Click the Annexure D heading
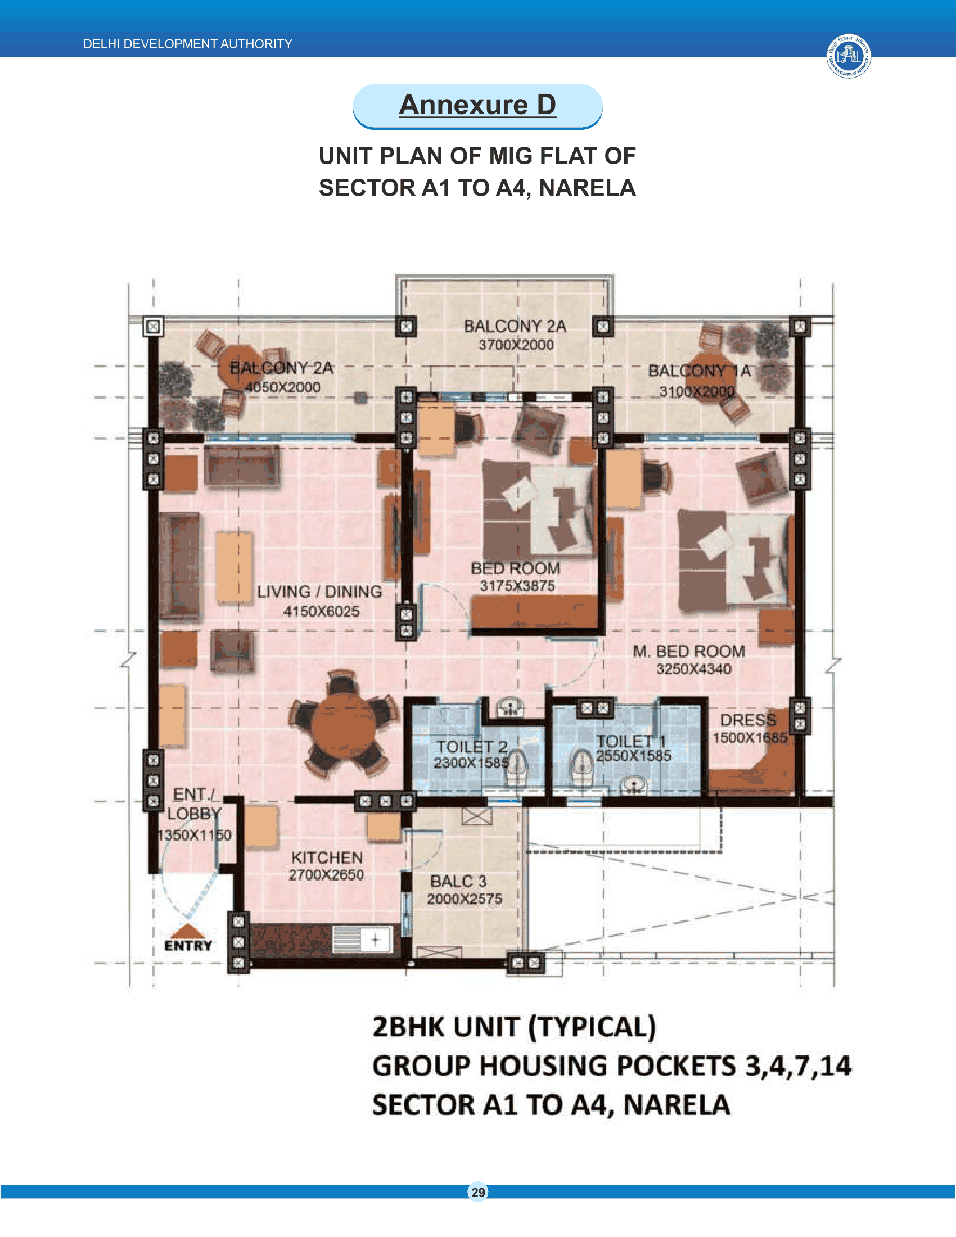[x=477, y=105]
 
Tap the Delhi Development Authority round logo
[x=849, y=56]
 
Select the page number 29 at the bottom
[x=478, y=1192]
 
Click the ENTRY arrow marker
[x=188, y=931]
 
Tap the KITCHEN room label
[x=327, y=857]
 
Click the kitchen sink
[x=362, y=940]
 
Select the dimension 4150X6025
[x=321, y=612]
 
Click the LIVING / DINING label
[x=319, y=592]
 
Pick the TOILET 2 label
[x=471, y=747]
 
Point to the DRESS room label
[x=748, y=720]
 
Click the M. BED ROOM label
[x=689, y=651]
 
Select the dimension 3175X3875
[x=517, y=586]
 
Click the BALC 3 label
[x=458, y=881]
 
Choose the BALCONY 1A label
[x=700, y=371]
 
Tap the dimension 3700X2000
[x=516, y=344]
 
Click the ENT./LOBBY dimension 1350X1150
[x=194, y=835]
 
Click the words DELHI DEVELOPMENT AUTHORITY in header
[x=187, y=44]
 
